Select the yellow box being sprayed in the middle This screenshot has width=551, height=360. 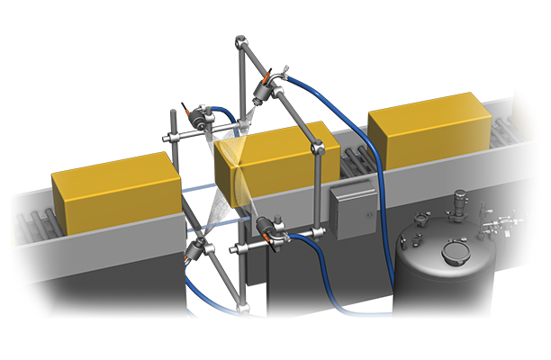(270, 162)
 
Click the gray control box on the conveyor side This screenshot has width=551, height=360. (350, 209)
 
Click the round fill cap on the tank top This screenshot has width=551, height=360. (456, 251)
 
